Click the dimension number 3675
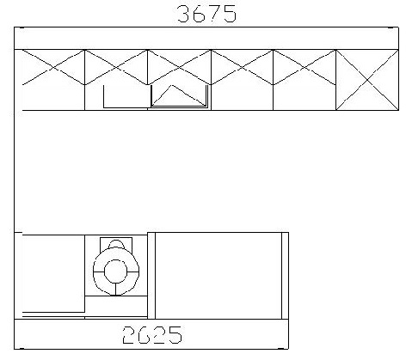click(x=207, y=14)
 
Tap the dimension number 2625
click(x=152, y=335)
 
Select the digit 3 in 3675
click(x=184, y=14)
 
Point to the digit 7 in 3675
click(x=214, y=14)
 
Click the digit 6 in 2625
click(x=145, y=335)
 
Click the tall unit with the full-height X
click(x=367, y=80)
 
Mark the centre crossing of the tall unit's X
click(x=367, y=80)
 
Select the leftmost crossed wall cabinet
click(x=53, y=67)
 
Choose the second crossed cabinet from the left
click(x=116, y=67)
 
